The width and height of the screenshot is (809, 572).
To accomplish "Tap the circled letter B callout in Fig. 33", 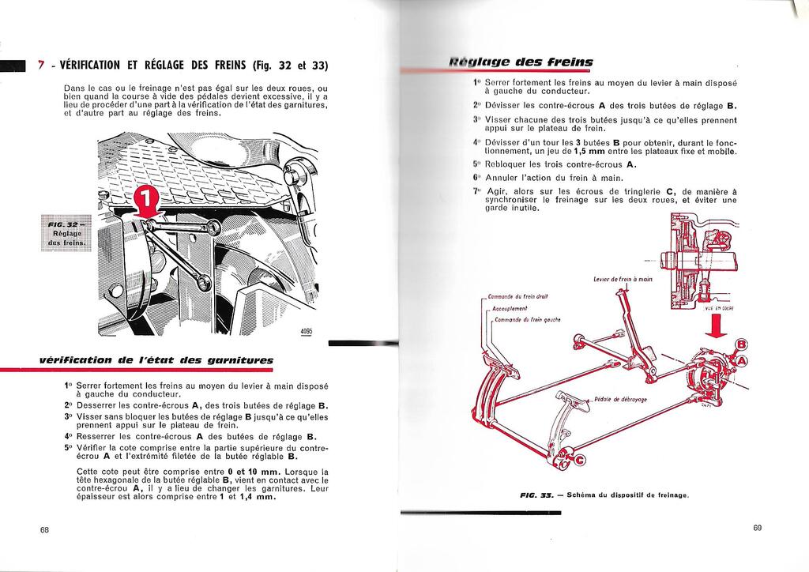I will point(740,344).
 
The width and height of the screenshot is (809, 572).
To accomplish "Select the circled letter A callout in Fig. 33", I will point(743,362).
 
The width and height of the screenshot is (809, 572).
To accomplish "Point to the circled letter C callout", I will point(580,461).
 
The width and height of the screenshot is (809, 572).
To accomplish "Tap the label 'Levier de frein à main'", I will point(623,279).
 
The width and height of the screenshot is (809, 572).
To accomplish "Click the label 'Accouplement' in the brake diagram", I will point(510,309).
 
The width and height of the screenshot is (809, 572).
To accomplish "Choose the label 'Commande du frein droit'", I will point(518,296).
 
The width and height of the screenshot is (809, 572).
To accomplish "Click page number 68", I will point(45,530).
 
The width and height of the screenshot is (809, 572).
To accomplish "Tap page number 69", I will point(757,528).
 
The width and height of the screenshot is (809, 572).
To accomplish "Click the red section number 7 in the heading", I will point(41,65).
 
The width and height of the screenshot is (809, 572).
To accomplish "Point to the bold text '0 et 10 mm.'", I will point(230,472).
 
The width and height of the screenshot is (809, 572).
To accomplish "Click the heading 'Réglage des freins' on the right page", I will point(521,62).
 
